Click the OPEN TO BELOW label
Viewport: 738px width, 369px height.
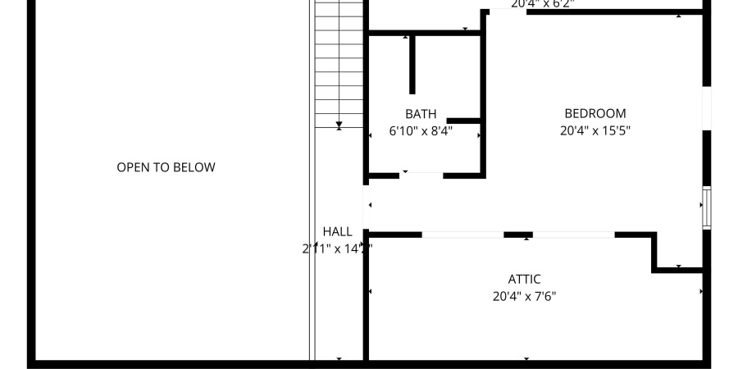(166, 167)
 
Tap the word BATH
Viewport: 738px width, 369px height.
(421, 114)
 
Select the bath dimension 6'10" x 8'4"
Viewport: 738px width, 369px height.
(421, 130)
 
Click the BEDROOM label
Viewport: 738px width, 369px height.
(594, 113)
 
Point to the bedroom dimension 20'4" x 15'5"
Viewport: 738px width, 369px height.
(594, 130)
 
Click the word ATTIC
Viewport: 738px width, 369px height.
(524, 280)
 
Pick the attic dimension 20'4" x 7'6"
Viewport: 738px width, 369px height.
(524, 296)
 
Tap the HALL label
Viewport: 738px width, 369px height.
(337, 232)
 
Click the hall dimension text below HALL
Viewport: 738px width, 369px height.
(337, 248)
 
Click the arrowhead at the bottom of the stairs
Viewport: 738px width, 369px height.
(339, 125)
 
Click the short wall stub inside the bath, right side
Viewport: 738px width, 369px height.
(463, 121)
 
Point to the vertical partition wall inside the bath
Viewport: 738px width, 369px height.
(412, 66)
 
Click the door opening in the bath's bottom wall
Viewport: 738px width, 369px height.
(421, 174)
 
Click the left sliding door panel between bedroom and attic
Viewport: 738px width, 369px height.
(462, 235)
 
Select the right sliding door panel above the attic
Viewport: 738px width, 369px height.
(573, 235)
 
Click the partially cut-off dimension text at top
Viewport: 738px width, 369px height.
(542, 4)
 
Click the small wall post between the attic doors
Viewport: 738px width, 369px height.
(518, 235)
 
